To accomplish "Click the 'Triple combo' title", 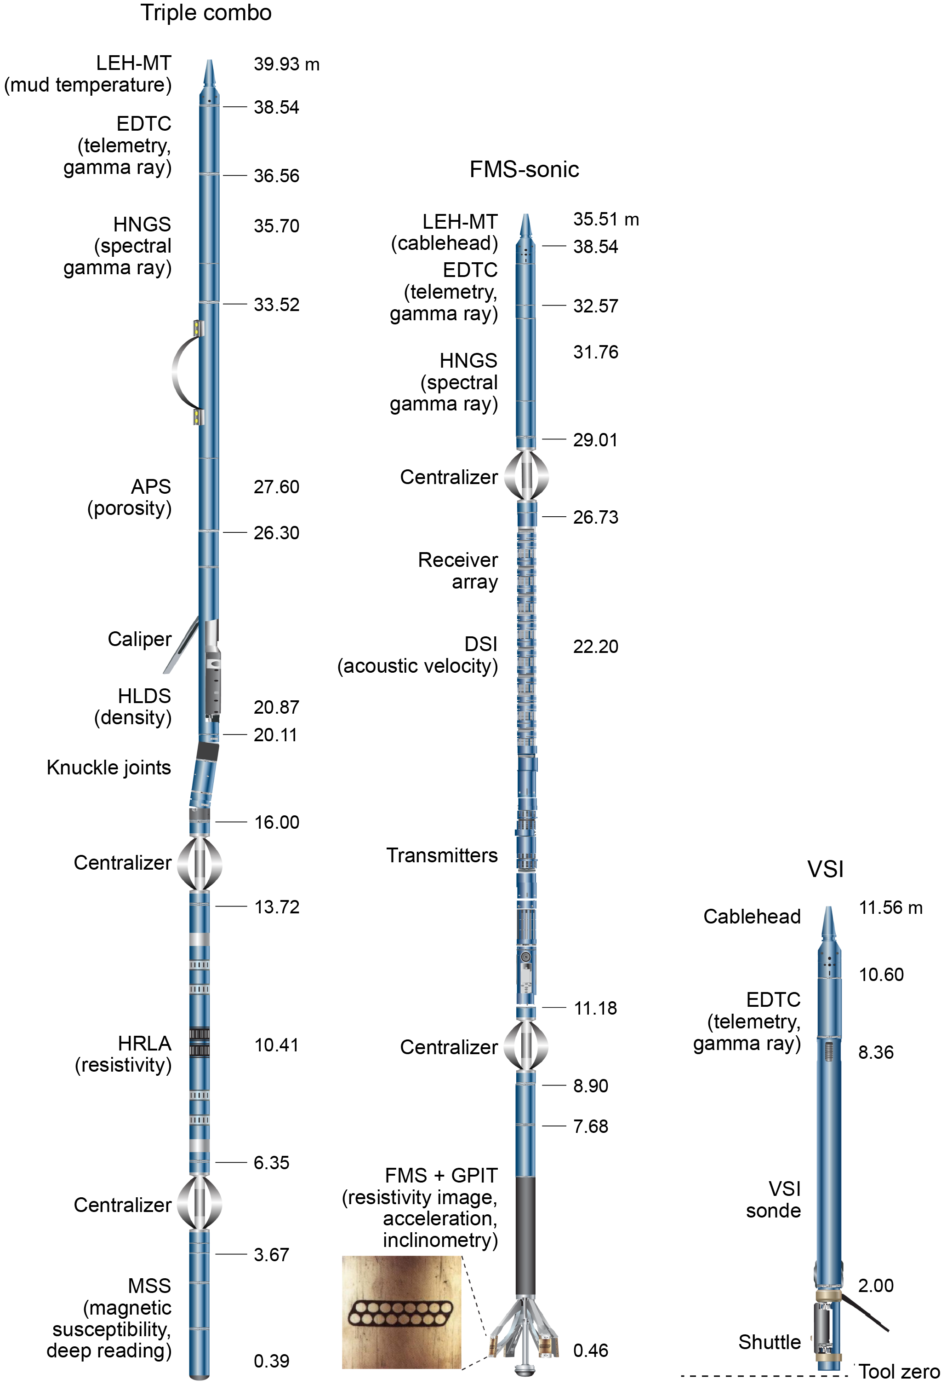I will point(205,13).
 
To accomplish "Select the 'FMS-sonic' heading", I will point(524,170).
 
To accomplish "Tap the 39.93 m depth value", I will point(286,64).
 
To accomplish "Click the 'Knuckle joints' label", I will point(108,768).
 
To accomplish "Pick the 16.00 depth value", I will point(276,822).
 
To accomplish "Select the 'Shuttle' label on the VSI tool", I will point(769,1342).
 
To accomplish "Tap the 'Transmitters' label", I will point(441,856).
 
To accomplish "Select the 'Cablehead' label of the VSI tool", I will point(752,917).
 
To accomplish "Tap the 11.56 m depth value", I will point(890,908).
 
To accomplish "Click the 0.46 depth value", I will point(590,1350).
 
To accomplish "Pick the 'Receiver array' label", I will point(457,571).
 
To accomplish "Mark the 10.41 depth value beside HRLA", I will point(276,1045).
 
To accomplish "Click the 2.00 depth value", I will point(875,1286).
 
